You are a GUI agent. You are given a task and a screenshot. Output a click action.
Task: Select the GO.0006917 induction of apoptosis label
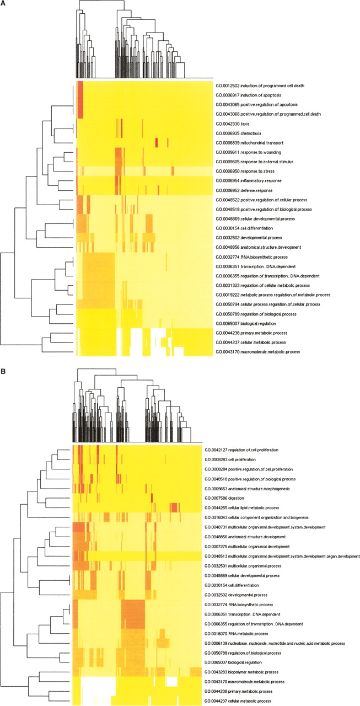coord(251,95)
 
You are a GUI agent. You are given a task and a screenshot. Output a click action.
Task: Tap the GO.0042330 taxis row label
coord(234,124)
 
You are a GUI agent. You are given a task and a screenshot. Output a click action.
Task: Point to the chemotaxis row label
coord(240,133)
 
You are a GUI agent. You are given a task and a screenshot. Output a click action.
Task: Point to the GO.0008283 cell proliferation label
coord(235,459)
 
